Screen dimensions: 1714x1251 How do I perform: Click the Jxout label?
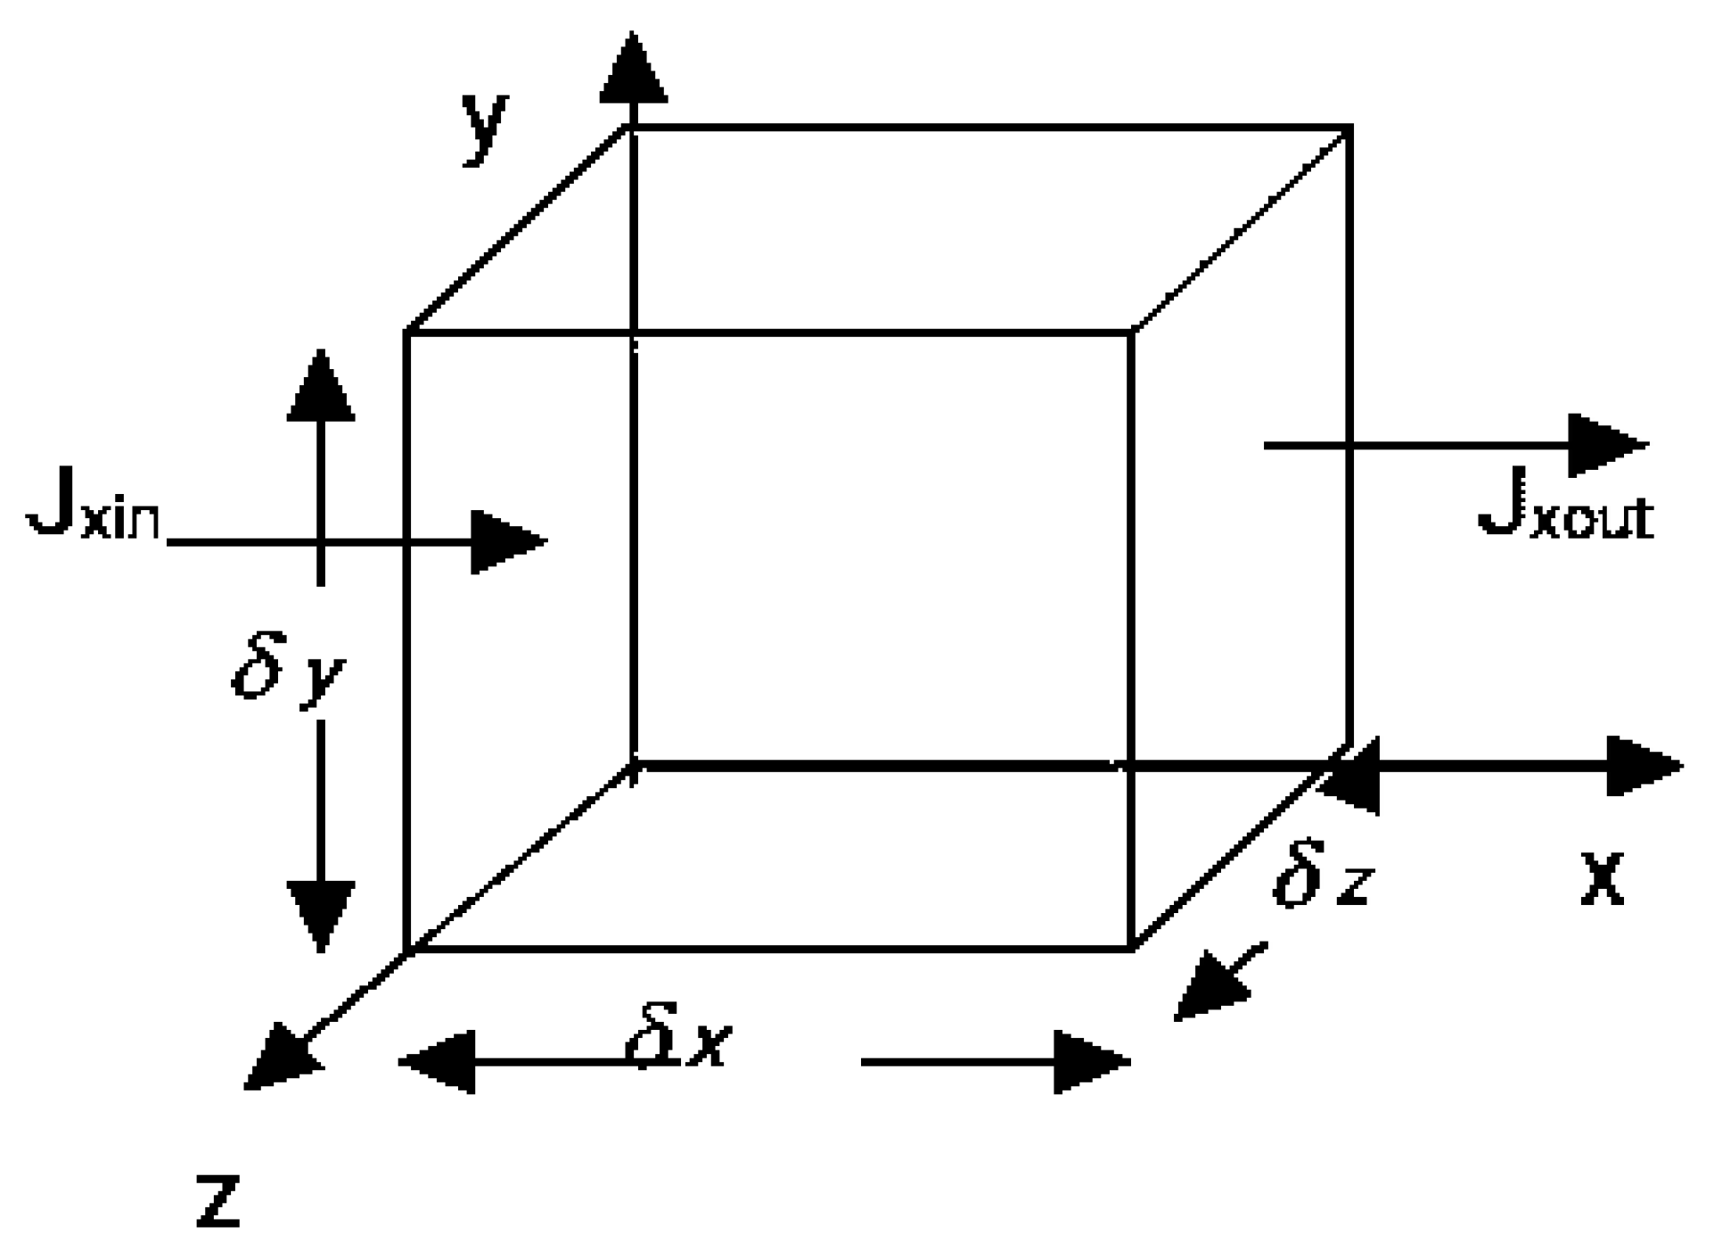click(x=1565, y=512)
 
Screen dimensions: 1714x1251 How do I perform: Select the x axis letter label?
click(x=1603, y=878)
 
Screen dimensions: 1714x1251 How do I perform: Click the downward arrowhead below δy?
click(x=321, y=914)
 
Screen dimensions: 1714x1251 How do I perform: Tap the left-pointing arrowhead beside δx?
click(x=438, y=1061)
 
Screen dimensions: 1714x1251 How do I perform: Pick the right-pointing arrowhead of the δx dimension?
click(x=1091, y=1061)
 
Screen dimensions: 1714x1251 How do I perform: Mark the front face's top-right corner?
click(x=1130, y=333)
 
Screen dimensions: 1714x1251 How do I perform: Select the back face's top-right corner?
click(x=1349, y=128)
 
